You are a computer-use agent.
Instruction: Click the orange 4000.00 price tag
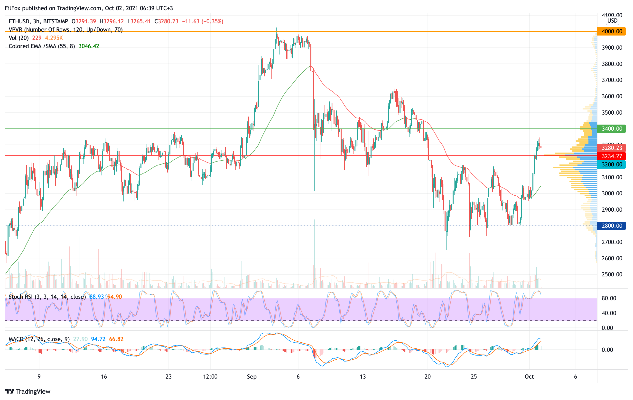(611, 31)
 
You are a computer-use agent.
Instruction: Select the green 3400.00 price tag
(611, 129)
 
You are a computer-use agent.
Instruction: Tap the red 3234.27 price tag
(611, 156)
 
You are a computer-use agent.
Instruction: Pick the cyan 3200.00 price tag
(611, 164)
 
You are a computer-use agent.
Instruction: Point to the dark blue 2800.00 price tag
(611, 226)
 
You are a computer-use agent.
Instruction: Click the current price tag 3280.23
(611, 148)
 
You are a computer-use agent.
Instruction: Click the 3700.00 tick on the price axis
(612, 80)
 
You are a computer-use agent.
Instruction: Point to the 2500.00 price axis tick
(612, 274)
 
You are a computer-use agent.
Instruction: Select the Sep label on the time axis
(251, 377)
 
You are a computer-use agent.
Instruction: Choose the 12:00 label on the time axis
(210, 377)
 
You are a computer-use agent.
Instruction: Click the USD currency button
(612, 20)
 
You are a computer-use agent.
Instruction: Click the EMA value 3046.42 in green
(89, 46)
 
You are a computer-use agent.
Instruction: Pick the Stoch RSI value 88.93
(96, 297)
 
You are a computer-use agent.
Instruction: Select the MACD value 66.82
(116, 339)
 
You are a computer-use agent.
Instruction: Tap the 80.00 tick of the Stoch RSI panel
(609, 298)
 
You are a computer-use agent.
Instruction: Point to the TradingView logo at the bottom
(28, 391)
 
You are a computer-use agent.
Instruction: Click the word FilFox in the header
(13, 8)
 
